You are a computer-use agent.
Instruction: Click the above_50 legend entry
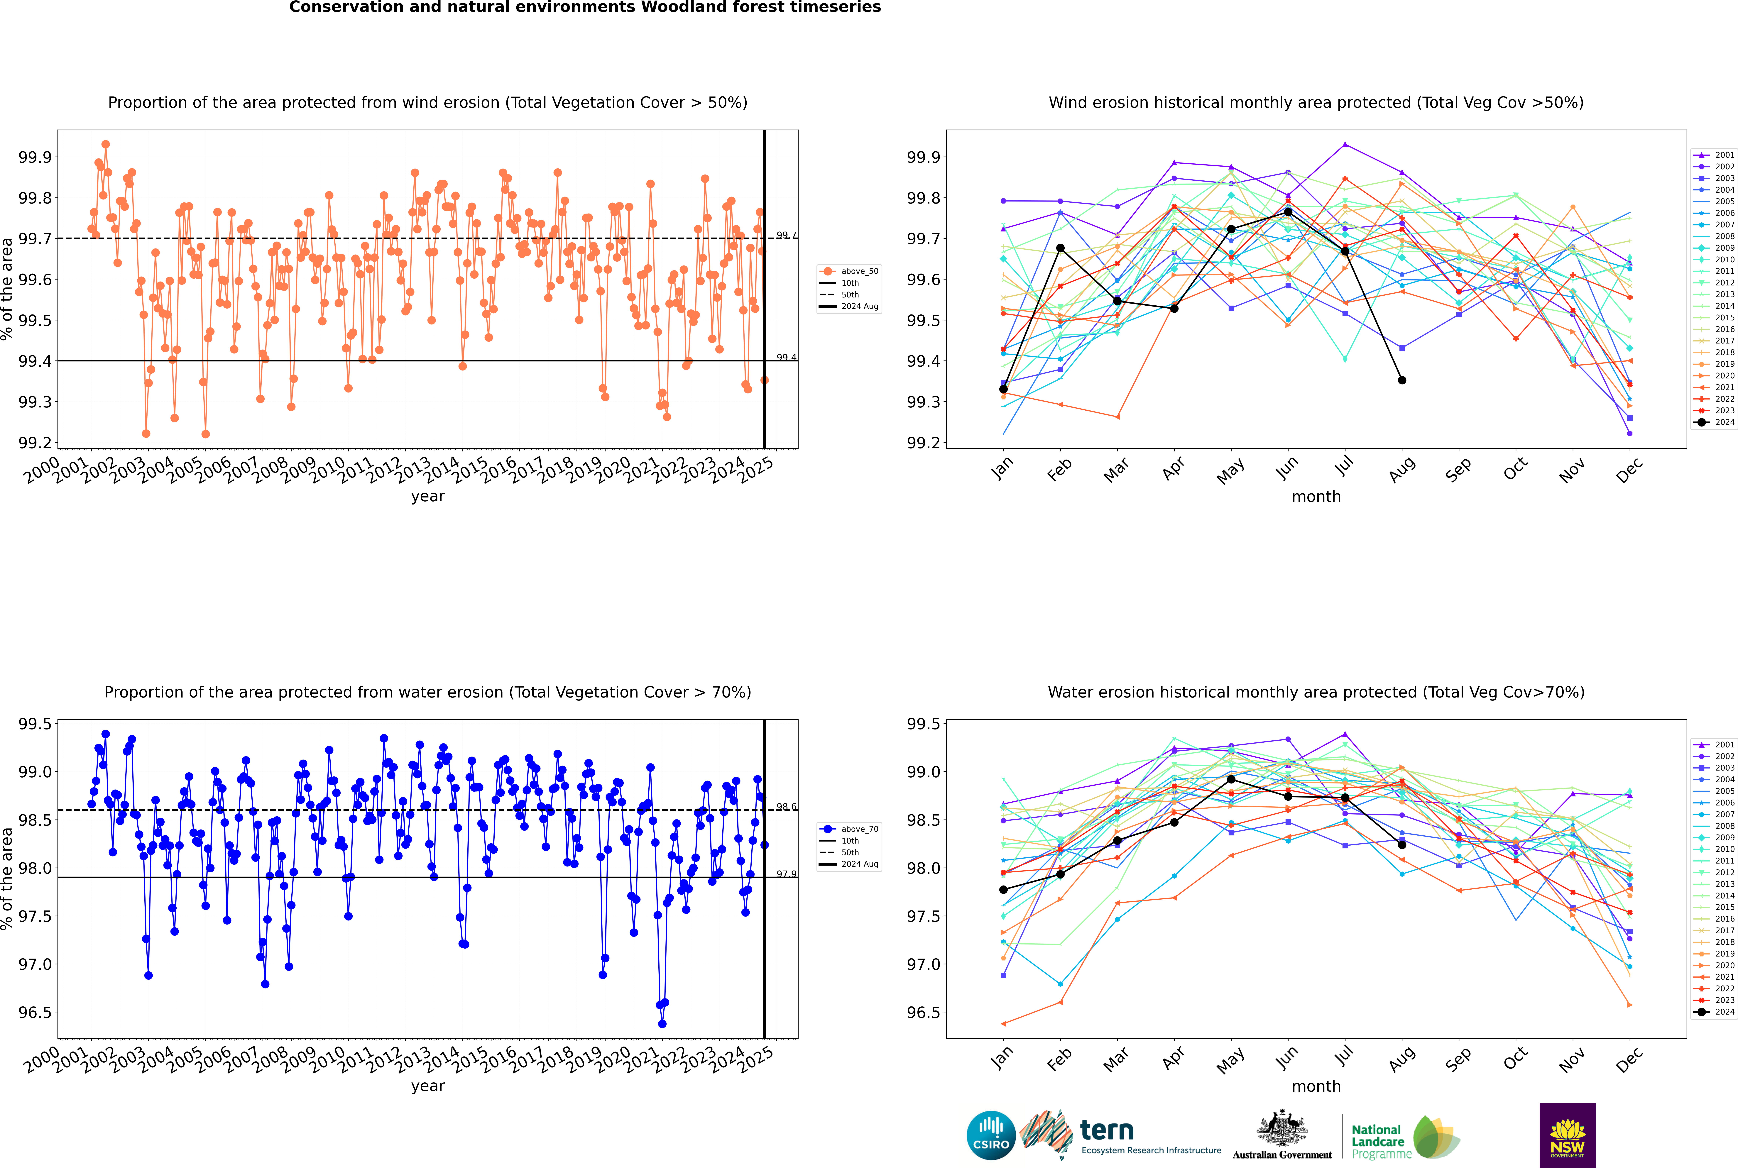[x=849, y=271]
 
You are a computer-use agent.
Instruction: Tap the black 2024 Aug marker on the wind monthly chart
[x=1402, y=380]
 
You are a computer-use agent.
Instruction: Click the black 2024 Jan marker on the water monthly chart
[x=1003, y=889]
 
